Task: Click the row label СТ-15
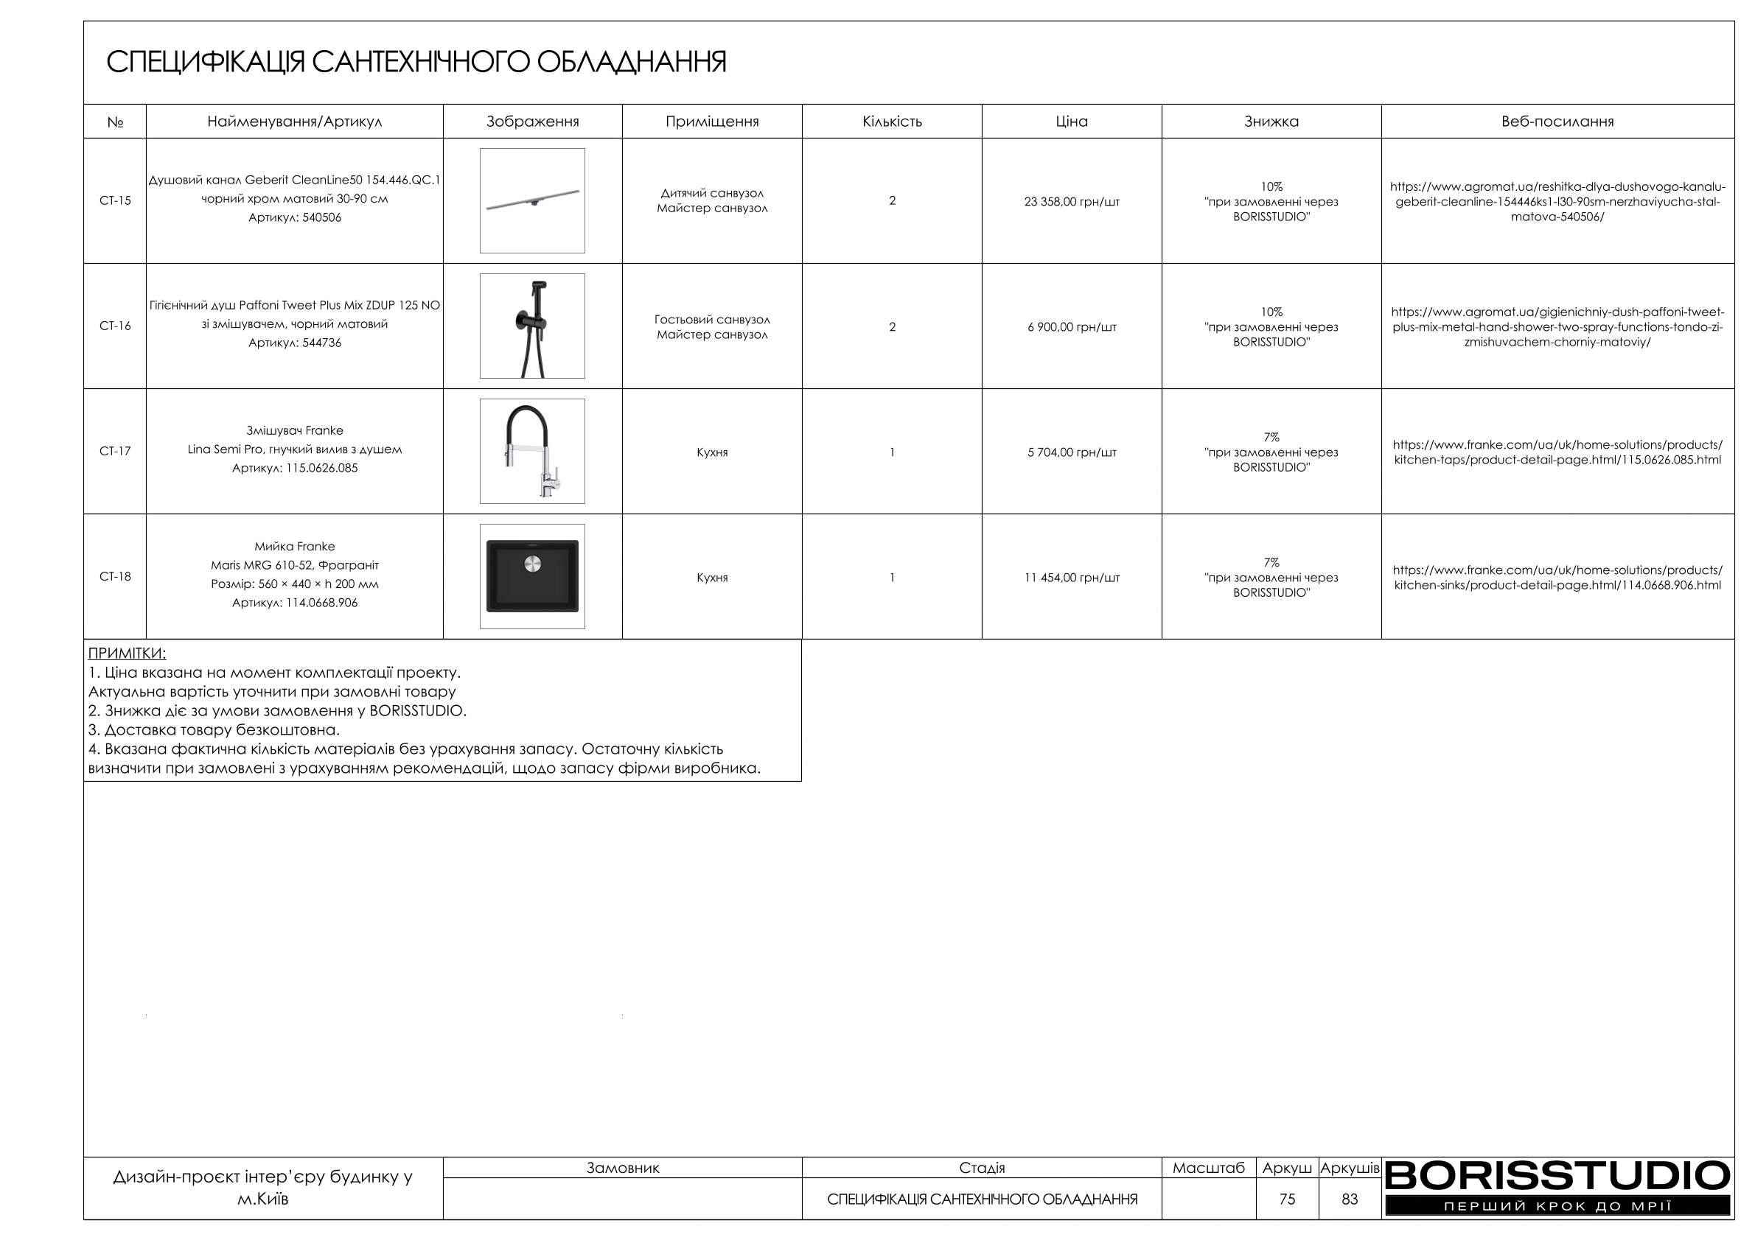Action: click(115, 201)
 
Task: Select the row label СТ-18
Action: click(115, 577)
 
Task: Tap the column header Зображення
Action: click(532, 122)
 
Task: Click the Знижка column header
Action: click(1271, 122)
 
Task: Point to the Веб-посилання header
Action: click(1557, 122)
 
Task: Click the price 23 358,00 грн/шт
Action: click(1071, 203)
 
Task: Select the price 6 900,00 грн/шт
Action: click(1071, 328)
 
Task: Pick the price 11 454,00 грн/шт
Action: click(1071, 578)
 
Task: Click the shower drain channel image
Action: click(532, 200)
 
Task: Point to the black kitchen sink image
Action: click(532, 576)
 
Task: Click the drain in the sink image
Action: click(533, 564)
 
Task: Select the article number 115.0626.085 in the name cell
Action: click(321, 469)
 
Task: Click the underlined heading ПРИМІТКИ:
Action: click(127, 654)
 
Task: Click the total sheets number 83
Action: click(1349, 1199)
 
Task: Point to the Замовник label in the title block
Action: click(622, 1169)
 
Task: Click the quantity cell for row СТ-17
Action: click(891, 452)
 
